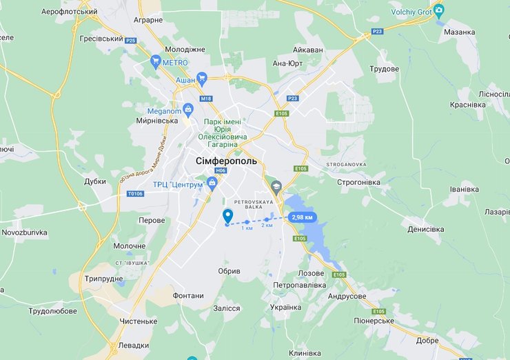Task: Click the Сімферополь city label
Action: coord(221,161)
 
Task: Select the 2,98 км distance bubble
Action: coord(303,217)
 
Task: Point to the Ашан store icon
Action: coord(201,79)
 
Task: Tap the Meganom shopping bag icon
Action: coord(187,110)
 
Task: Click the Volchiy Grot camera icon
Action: coord(438,10)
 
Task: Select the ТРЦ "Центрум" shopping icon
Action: coord(212,182)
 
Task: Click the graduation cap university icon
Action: coord(276,186)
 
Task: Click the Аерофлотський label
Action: coord(70,12)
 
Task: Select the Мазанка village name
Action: coord(460,32)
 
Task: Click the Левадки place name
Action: coord(134,345)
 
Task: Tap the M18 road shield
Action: coord(206,99)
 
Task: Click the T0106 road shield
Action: coord(134,194)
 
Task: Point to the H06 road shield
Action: coord(221,170)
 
